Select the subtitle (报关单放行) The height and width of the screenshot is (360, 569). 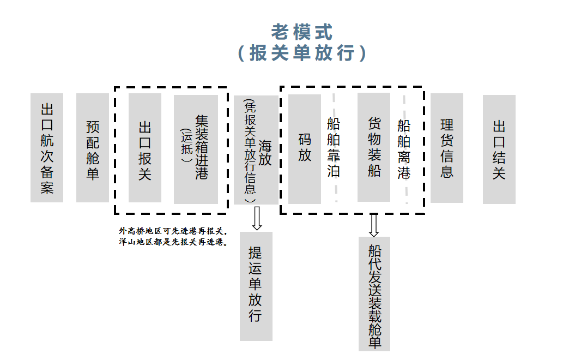click(302, 53)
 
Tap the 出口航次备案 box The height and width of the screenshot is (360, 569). click(47, 148)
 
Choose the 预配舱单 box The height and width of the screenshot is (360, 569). click(93, 148)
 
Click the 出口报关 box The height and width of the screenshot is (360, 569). click(145, 148)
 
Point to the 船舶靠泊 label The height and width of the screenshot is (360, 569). click(334, 148)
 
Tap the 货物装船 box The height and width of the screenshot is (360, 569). click(374, 147)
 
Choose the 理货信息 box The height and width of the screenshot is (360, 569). click(447, 148)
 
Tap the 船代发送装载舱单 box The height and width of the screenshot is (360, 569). click(374, 294)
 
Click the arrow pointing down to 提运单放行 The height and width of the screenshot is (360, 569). click(257, 218)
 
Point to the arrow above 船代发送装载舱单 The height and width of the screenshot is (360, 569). click(374, 225)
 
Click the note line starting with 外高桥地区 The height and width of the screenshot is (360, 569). click(173, 231)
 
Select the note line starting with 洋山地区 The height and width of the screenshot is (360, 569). click(173, 242)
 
